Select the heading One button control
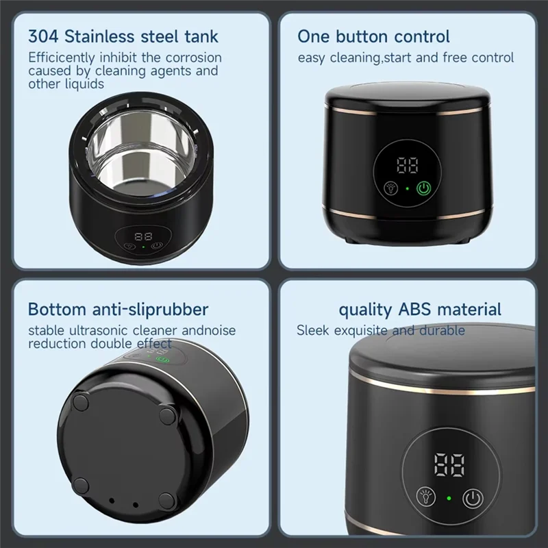(373, 36)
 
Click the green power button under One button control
(425, 187)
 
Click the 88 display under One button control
(407, 165)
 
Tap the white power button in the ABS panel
(473, 498)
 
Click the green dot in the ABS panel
(448, 498)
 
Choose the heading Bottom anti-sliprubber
(119, 309)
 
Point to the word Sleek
(313, 331)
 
